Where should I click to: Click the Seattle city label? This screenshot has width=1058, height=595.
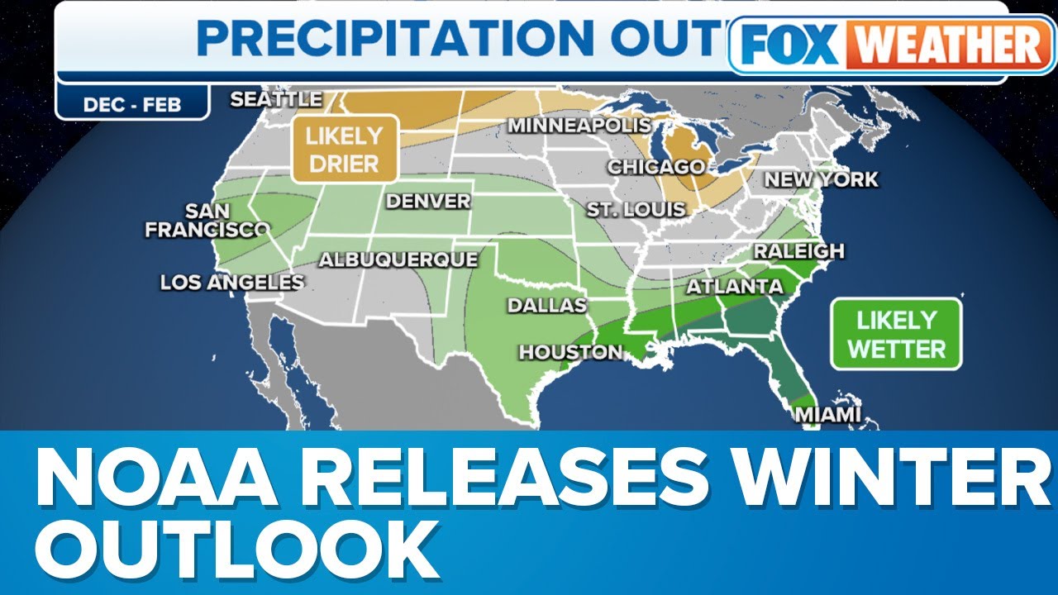(276, 99)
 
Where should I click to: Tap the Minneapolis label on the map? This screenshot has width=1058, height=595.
(579, 126)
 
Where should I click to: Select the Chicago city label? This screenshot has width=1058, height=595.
(656, 167)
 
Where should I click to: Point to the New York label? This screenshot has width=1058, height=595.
(821, 179)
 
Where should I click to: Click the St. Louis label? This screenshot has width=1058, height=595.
(636, 209)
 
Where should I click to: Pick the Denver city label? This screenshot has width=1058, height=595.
(428, 201)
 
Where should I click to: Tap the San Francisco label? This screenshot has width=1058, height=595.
(207, 221)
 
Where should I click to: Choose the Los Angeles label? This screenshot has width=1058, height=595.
(232, 283)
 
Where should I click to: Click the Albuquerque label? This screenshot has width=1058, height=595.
(398, 259)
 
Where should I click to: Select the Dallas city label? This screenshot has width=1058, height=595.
(546, 305)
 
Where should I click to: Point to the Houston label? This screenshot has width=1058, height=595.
(570, 352)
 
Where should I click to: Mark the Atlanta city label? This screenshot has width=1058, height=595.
(734, 287)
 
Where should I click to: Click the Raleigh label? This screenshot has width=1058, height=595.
(798, 250)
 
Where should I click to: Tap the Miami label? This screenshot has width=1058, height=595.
(827, 415)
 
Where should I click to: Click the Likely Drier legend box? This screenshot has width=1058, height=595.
(345, 149)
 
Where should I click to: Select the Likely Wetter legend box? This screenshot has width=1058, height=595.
(896, 334)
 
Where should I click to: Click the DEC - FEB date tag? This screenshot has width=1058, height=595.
(132, 104)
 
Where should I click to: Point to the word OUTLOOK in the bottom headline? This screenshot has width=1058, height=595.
(236, 550)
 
